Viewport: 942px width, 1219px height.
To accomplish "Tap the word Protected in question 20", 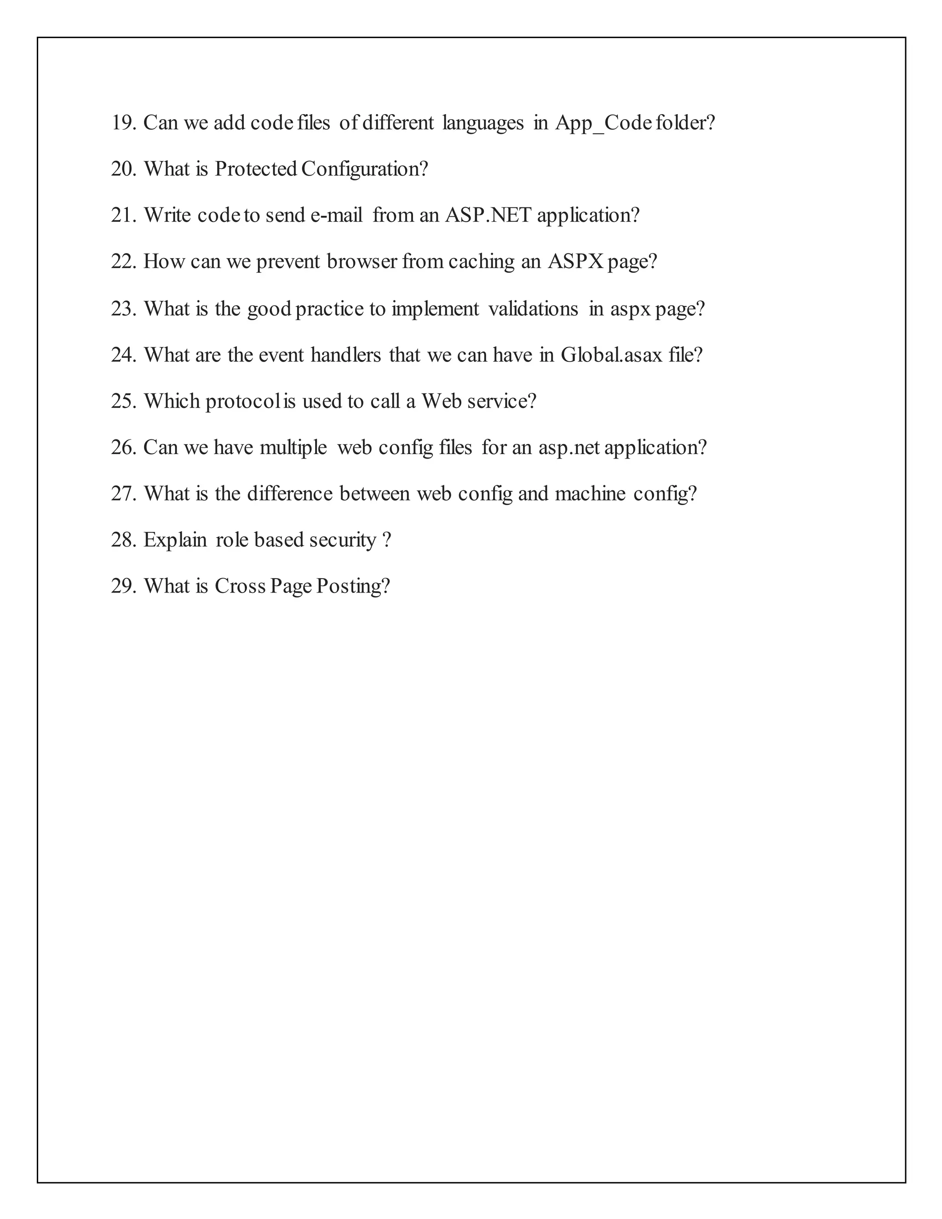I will (256, 169).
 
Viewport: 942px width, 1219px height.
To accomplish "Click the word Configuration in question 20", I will (364, 170).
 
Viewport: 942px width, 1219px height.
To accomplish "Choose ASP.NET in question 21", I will (488, 215).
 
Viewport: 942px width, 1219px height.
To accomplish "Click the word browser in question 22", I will (362, 262).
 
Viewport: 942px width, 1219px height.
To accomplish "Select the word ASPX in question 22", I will (575, 262).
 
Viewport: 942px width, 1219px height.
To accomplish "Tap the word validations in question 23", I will (533, 309).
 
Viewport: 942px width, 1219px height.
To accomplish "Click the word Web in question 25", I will (442, 401).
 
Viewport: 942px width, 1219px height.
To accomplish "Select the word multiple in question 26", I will (293, 448).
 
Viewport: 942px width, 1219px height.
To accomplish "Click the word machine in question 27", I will (590, 494).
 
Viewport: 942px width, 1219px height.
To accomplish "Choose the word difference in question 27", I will (290, 494).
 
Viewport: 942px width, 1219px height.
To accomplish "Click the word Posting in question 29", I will (353, 586).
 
